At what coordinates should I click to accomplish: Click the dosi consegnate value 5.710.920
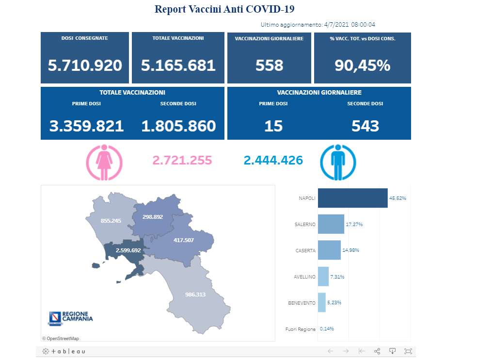click(85, 65)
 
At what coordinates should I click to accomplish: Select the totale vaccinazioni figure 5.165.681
click(178, 65)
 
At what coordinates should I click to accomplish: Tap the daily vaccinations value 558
click(269, 65)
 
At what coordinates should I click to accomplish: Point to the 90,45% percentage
click(362, 65)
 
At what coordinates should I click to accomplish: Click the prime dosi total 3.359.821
click(86, 126)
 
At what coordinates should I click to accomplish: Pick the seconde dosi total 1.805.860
click(178, 126)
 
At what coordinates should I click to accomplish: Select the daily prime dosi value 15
click(273, 126)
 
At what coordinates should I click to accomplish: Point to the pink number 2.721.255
click(182, 160)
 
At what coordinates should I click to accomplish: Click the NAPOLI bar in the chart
click(352, 198)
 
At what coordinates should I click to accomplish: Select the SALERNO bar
click(331, 224)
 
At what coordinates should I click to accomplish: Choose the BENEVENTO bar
click(321, 302)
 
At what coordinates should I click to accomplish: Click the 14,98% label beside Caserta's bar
click(350, 250)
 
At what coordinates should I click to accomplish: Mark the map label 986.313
click(195, 295)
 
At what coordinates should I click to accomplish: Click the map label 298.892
click(153, 217)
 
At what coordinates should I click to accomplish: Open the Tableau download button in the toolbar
click(393, 351)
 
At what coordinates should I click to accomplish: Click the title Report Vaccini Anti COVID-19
click(224, 9)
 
